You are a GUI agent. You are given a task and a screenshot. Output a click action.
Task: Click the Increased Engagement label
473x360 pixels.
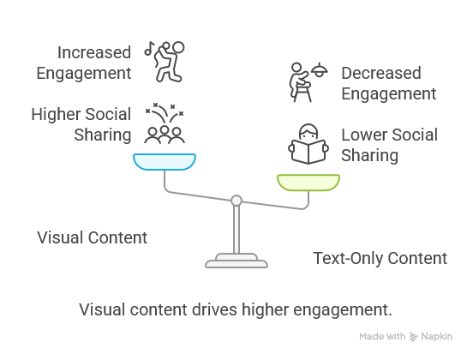pyautogui.click(x=84, y=62)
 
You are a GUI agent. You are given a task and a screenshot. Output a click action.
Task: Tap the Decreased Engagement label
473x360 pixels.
pyautogui.click(x=388, y=83)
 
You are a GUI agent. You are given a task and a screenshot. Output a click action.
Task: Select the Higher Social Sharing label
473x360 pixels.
pyautogui.click(x=81, y=124)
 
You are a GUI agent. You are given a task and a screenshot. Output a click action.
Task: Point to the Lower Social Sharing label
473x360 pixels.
pyautogui.click(x=389, y=145)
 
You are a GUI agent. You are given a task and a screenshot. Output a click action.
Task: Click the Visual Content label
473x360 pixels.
pyautogui.click(x=92, y=237)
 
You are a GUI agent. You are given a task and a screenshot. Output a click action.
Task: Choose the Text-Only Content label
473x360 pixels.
pyautogui.click(x=380, y=258)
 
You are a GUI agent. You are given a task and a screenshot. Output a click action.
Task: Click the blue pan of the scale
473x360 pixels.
pyautogui.click(x=165, y=162)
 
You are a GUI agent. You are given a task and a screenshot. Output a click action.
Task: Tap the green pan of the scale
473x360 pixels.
pyautogui.click(x=308, y=182)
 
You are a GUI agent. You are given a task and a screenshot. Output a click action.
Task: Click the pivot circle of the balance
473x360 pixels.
pyautogui.click(x=236, y=201)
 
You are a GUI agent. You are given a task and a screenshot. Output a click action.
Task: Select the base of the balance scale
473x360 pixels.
pyautogui.click(x=236, y=260)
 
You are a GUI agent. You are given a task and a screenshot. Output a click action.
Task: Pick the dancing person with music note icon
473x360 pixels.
pyautogui.click(x=169, y=61)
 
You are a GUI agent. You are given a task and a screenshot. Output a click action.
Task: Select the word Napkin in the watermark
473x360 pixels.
pyautogui.click(x=440, y=337)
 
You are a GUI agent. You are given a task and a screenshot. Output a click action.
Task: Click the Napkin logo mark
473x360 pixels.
pyautogui.click(x=415, y=337)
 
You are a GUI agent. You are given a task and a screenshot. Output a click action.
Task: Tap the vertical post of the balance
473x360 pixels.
pyautogui.click(x=236, y=229)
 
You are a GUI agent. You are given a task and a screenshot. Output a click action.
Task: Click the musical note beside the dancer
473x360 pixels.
pyautogui.click(x=149, y=49)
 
